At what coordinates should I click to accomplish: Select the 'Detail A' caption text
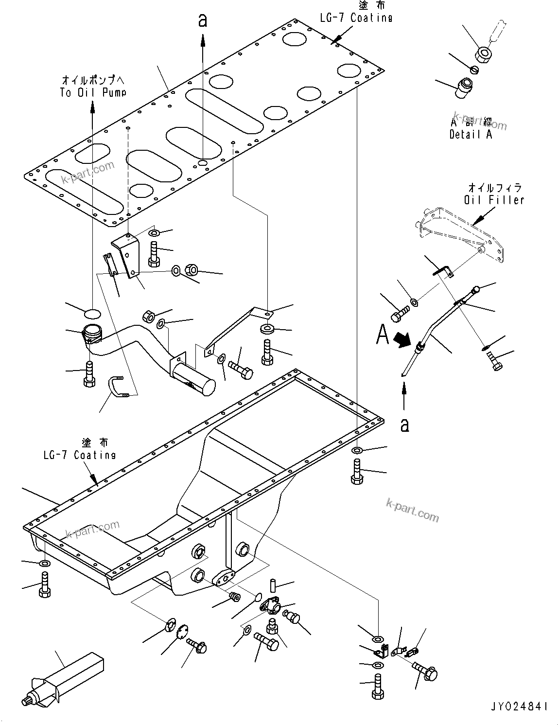(x=471, y=135)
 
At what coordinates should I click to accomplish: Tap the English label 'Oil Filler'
(x=494, y=199)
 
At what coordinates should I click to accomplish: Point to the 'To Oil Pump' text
(x=93, y=92)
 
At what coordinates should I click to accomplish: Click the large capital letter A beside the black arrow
(x=383, y=335)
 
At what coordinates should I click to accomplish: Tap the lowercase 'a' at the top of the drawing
(x=203, y=20)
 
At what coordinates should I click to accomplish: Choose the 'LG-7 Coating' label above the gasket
(x=356, y=18)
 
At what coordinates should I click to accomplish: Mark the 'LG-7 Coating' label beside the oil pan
(x=79, y=455)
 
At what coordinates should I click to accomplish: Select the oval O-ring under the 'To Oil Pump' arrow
(x=93, y=312)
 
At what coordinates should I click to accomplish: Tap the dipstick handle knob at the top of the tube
(x=477, y=289)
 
